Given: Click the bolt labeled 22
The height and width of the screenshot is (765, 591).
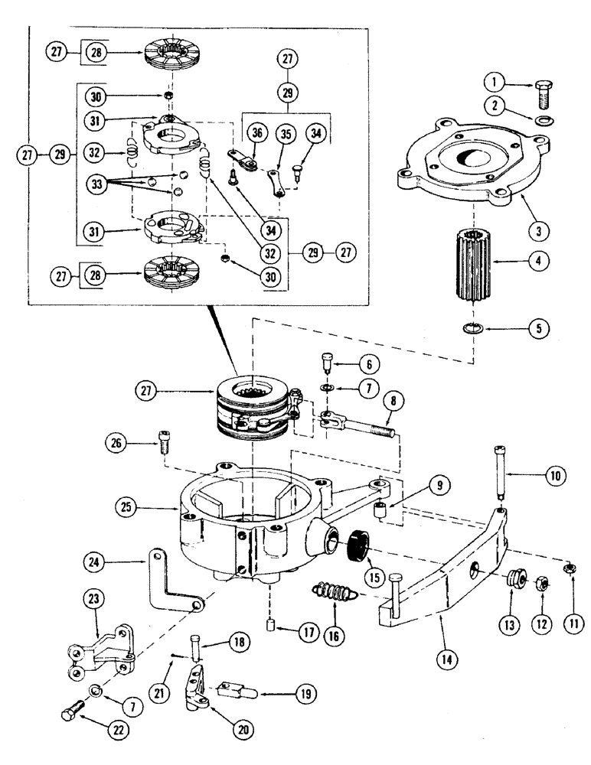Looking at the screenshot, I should click(70, 714).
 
